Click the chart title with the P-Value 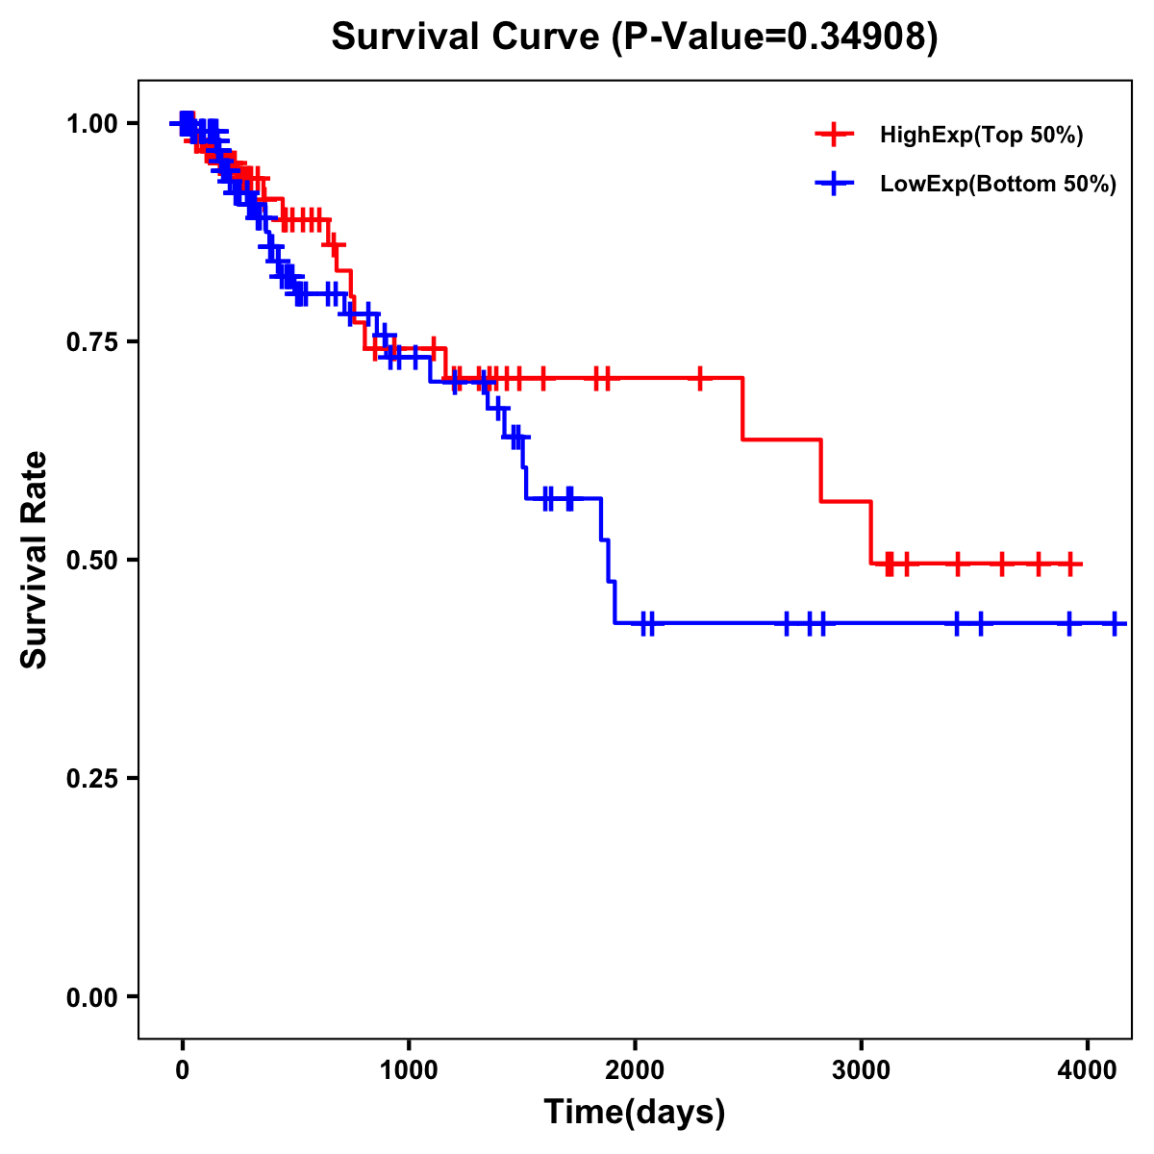635,38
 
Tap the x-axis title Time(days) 635,1112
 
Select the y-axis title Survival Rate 35,560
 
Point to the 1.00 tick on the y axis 91,123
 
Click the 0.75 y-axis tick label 91,341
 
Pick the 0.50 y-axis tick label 91,560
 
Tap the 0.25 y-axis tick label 91,778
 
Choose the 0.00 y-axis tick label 91,996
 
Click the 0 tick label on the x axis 182,1067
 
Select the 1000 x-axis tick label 409,1067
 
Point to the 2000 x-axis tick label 635,1067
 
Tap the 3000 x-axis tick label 861,1067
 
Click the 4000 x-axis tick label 1087,1067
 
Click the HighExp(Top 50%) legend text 982,136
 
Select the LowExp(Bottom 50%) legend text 998,185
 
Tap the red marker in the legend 834,136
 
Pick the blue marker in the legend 834,185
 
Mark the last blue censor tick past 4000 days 1115,623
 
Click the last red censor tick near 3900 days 1070,564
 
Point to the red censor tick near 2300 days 700,378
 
